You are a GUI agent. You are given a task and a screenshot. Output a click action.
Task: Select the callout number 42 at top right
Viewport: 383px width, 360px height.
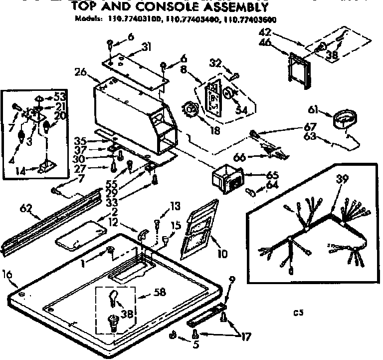265,33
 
